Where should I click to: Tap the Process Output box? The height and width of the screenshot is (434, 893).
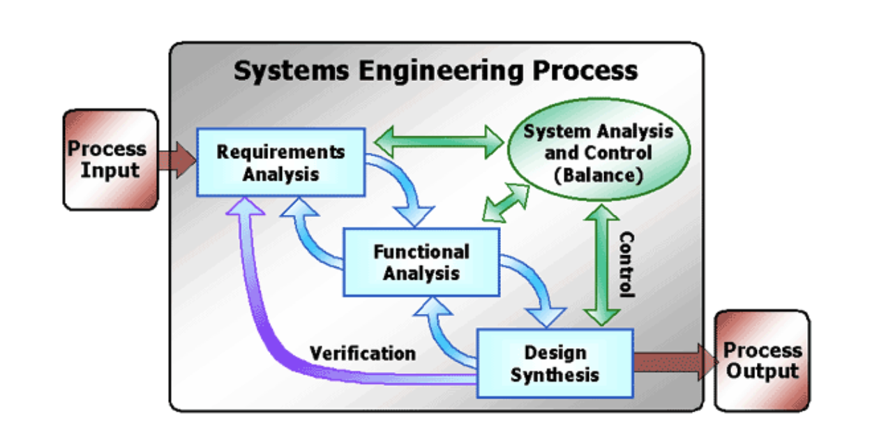(x=762, y=360)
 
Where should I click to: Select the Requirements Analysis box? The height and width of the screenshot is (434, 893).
(x=280, y=162)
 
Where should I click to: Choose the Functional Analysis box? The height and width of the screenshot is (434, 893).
(x=421, y=261)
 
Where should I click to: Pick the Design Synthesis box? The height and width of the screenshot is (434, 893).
(x=554, y=363)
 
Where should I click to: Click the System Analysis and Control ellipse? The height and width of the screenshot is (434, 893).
(x=598, y=152)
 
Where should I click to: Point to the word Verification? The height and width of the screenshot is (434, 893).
(x=363, y=352)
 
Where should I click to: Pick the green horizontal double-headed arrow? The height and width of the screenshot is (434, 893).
(x=439, y=142)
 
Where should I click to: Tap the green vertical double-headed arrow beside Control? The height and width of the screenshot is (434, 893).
(x=601, y=265)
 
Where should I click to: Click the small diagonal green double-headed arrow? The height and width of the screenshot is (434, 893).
(x=506, y=203)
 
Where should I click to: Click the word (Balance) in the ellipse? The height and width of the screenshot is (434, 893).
(x=598, y=174)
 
